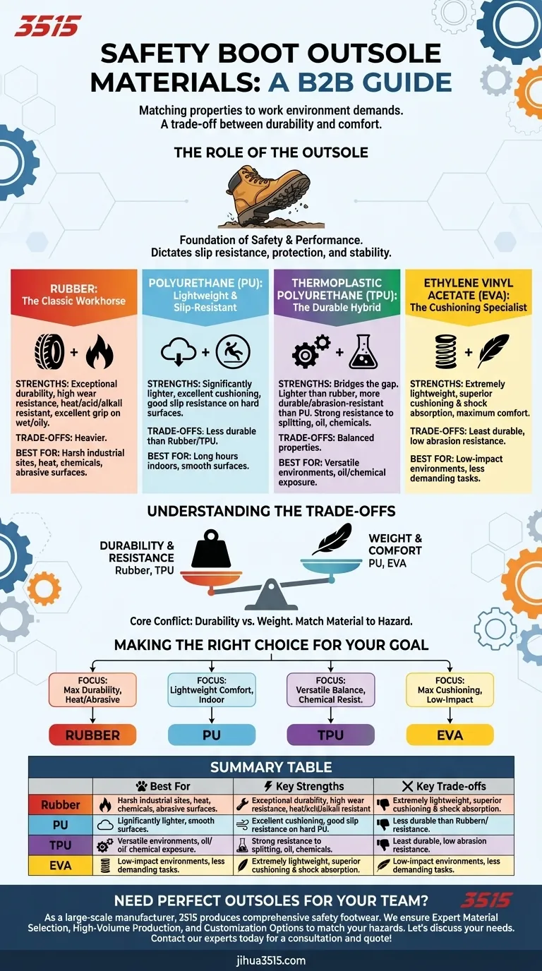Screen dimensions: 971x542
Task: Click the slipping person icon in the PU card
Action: click(232, 351)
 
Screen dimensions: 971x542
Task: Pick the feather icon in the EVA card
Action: click(492, 351)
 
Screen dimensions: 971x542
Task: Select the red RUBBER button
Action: click(92, 735)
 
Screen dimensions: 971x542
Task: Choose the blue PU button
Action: click(211, 735)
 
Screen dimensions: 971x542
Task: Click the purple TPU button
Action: click(330, 735)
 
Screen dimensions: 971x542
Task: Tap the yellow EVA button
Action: click(450, 735)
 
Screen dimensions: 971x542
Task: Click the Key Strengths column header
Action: click(303, 786)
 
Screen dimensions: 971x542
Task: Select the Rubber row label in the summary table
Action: click(61, 804)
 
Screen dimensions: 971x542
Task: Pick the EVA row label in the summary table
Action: click(61, 865)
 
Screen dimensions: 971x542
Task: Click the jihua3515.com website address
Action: click(271, 960)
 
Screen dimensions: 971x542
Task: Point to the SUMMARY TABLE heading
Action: click(271, 767)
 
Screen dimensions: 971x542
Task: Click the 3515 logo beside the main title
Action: click(48, 26)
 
